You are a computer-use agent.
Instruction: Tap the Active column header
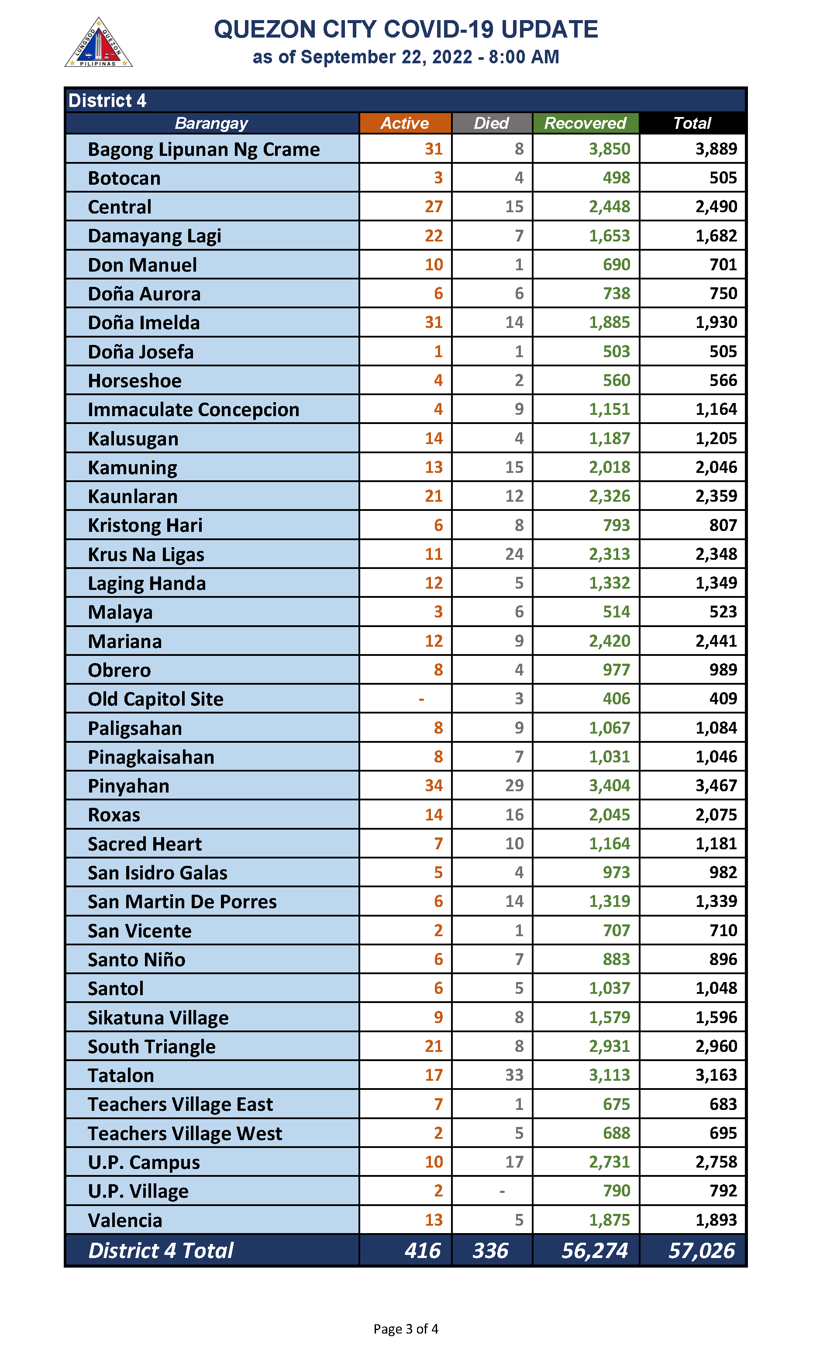click(x=405, y=123)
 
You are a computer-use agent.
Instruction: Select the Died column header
click(x=491, y=123)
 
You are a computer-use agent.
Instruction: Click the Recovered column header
click(x=585, y=123)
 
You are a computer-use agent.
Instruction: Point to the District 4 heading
click(x=107, y=101)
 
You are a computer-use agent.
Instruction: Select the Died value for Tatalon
click(x=514, y=1075)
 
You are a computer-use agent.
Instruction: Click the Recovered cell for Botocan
click(x=617, y=178)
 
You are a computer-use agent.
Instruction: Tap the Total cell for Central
click(x=716, y=207)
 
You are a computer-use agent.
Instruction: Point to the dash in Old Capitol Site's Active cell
click(x=421, y=699)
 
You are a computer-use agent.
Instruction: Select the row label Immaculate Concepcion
click(x=193, y=410)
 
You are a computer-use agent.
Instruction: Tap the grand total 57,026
click(x=701, y=1251)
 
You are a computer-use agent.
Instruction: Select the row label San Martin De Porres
click(x=183, y=902)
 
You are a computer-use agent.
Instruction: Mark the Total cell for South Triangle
click(x=716, y=1046)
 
